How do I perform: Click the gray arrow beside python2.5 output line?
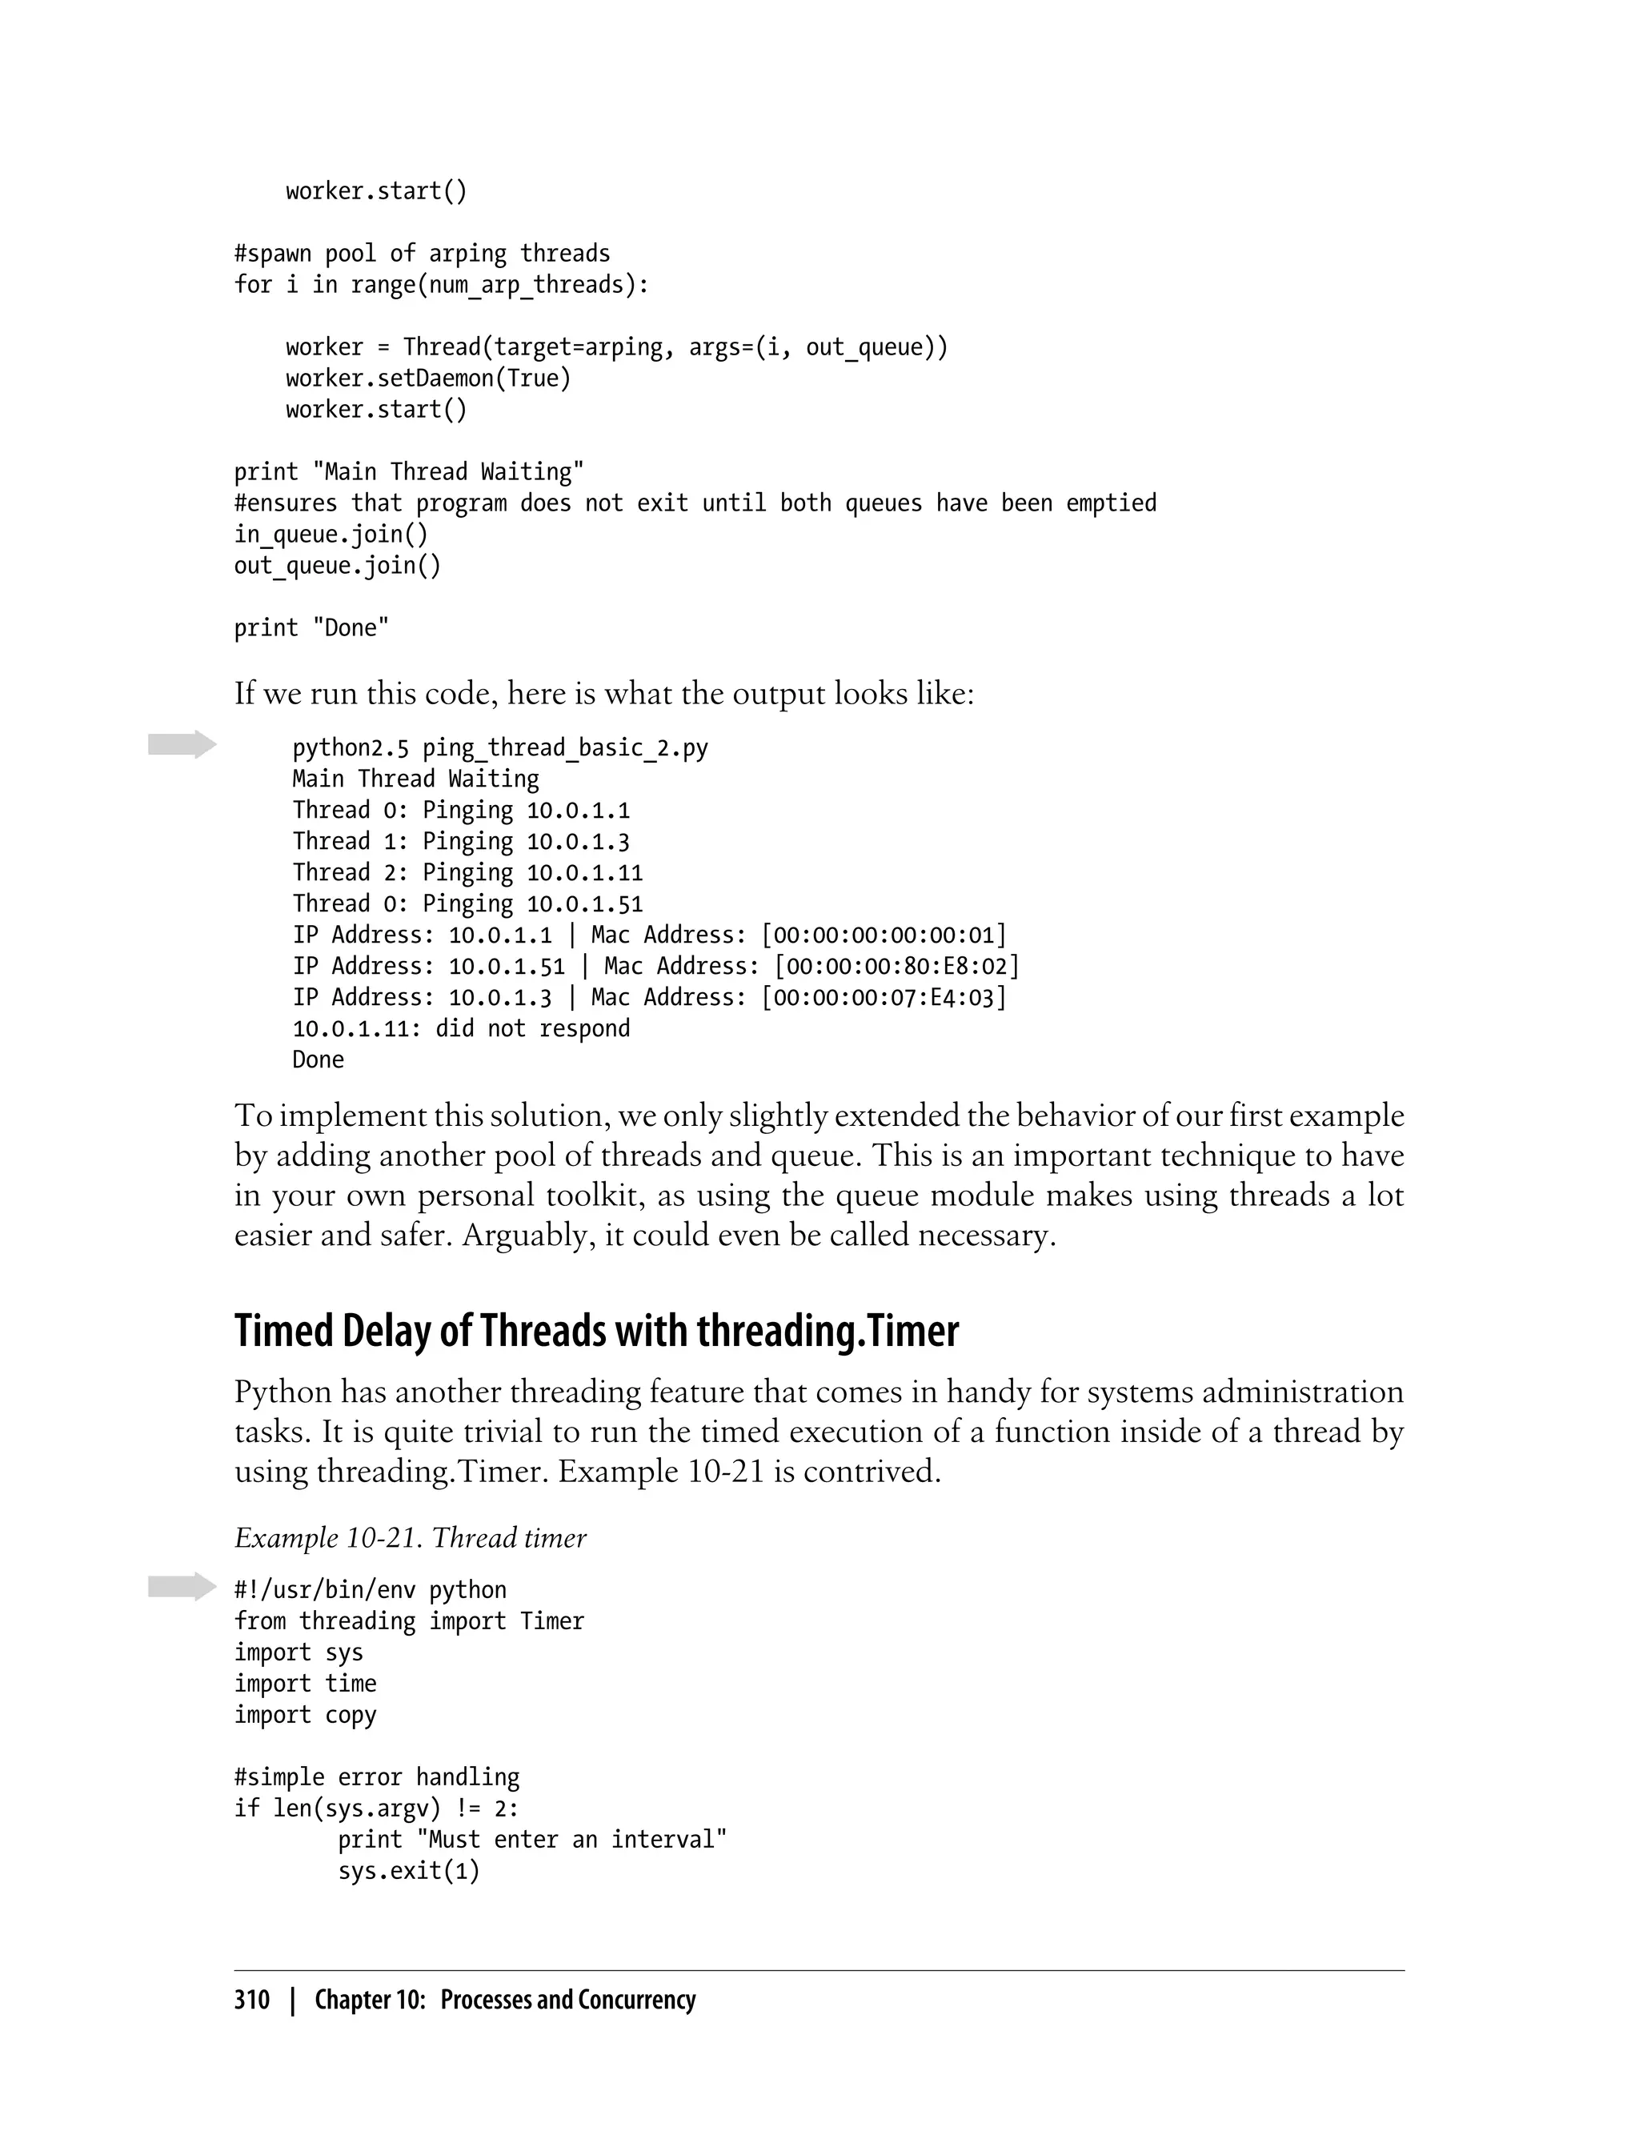pyautogui.click(x=182, y=744)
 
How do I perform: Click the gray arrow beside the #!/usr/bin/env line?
pyautogui.click(x=182, y=1587)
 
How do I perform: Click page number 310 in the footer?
pyautogui.click(x=252, y=2000)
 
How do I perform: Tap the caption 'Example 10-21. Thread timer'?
pyautogui.click(x=410, y=1538)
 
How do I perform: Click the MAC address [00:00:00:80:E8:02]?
pyautogui.click(x=896, y=967)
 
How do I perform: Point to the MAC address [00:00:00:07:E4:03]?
pyautogui.click(x=884, y=998)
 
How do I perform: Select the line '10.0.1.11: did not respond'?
pyautogui.click(x=460, y=1029)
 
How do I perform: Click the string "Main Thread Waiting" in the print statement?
pyautogui.click(x=448, y=472)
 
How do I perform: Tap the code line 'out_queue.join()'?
pyautogui.click(x=337, y=566)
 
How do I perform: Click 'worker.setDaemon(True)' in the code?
pyautogui.click(x=428, y=379)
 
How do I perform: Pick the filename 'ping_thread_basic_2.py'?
pyautogui.click(x=565, y=748)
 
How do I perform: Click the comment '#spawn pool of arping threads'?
pyautogui.click(x=422, y=254)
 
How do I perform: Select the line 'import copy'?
pyautogui.click(x=304, y=1715)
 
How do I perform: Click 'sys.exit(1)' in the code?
pyautogui.click(x=409, y=1871)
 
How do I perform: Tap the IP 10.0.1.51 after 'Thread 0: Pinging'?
pyautogui.click(x=584, y=904)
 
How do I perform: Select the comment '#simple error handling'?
pyautogui.click(x=377, y=1777)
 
